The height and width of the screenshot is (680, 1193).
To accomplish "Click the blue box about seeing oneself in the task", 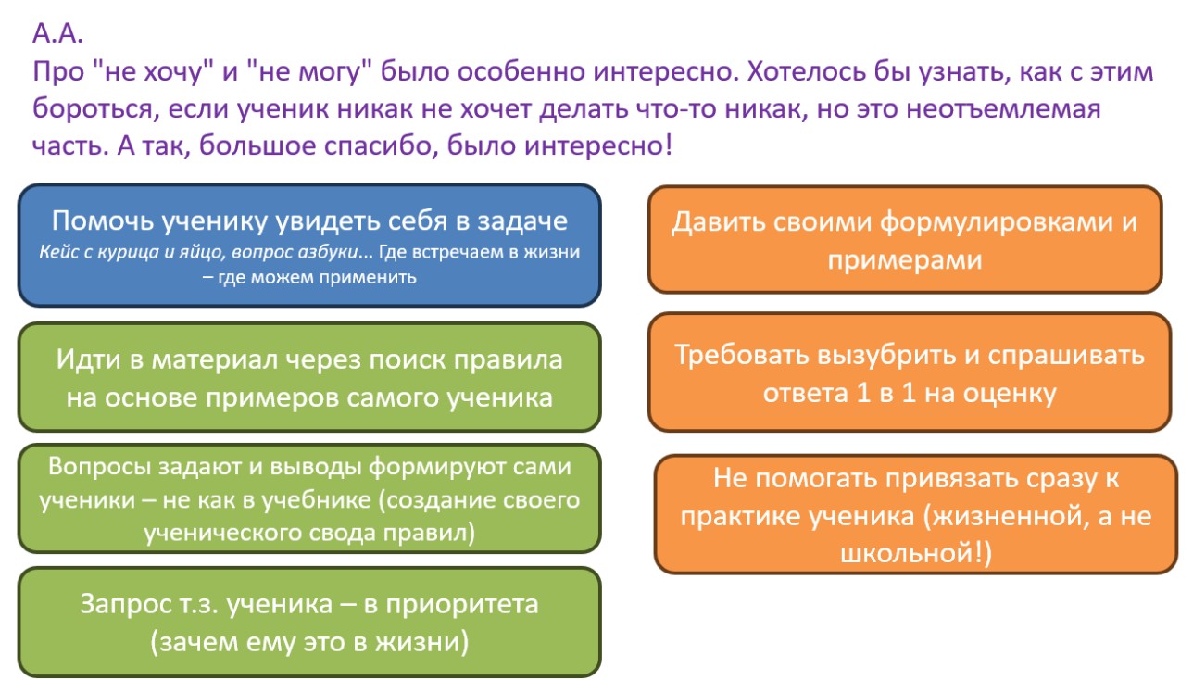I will [309, 245].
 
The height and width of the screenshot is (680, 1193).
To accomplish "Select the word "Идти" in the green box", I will [89, 359].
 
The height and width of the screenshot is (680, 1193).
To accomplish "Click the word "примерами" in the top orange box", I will [904, 259].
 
